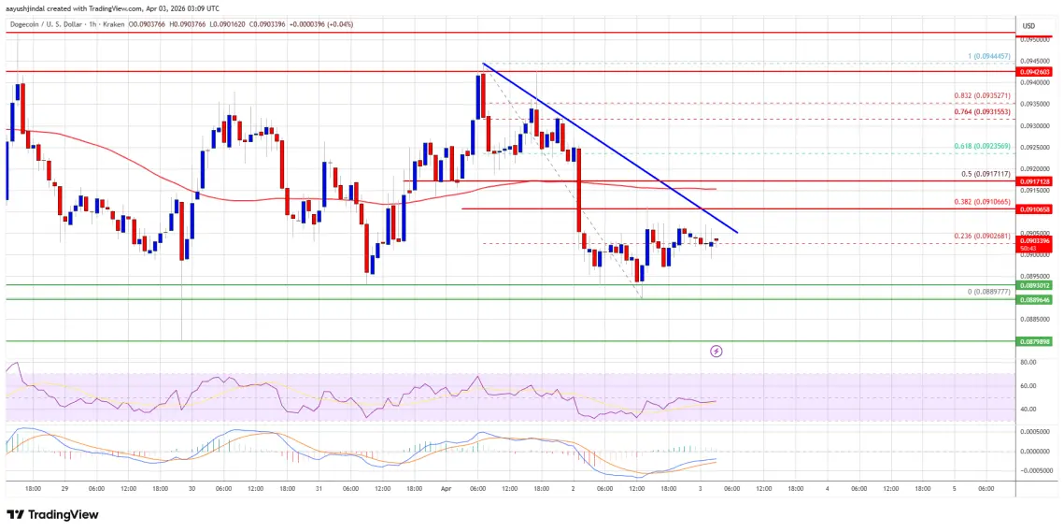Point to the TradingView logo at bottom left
coord(52,514)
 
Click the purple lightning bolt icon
coord(716,352)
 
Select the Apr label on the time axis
coord(446,487)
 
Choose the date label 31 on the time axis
coord(319,487)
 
